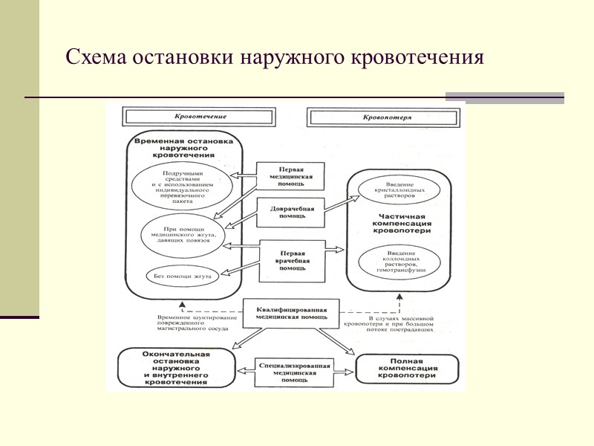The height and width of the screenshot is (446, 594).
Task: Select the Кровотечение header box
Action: coord(200,117)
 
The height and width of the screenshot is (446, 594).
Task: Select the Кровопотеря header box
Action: coord(387,117)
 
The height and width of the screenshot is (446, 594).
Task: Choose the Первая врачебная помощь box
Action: coord(292,261)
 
